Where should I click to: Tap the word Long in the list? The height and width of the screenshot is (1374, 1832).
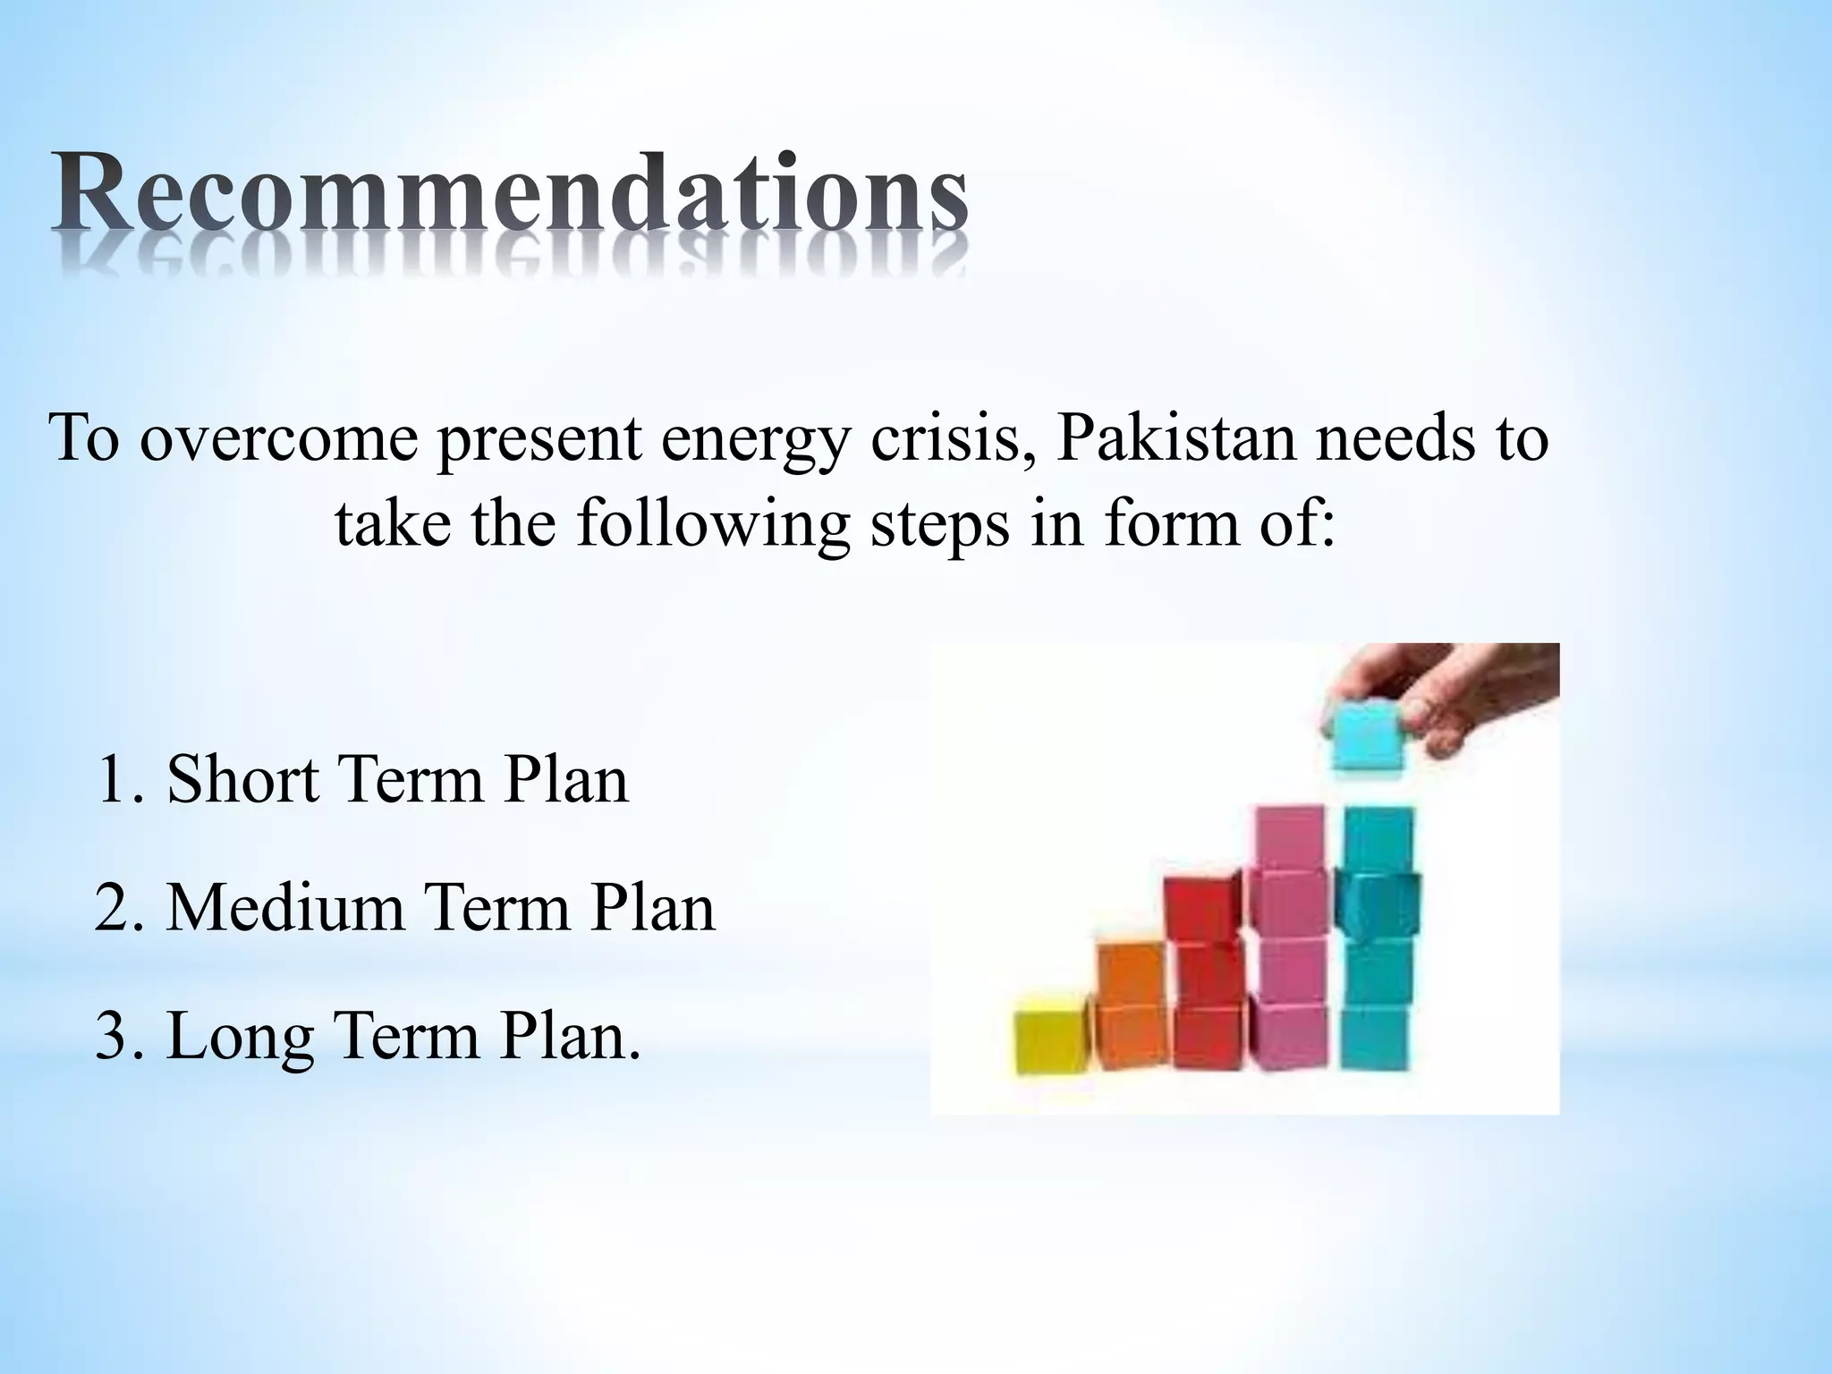coord(241,1038)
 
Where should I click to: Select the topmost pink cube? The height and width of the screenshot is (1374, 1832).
coord(1291,838)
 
